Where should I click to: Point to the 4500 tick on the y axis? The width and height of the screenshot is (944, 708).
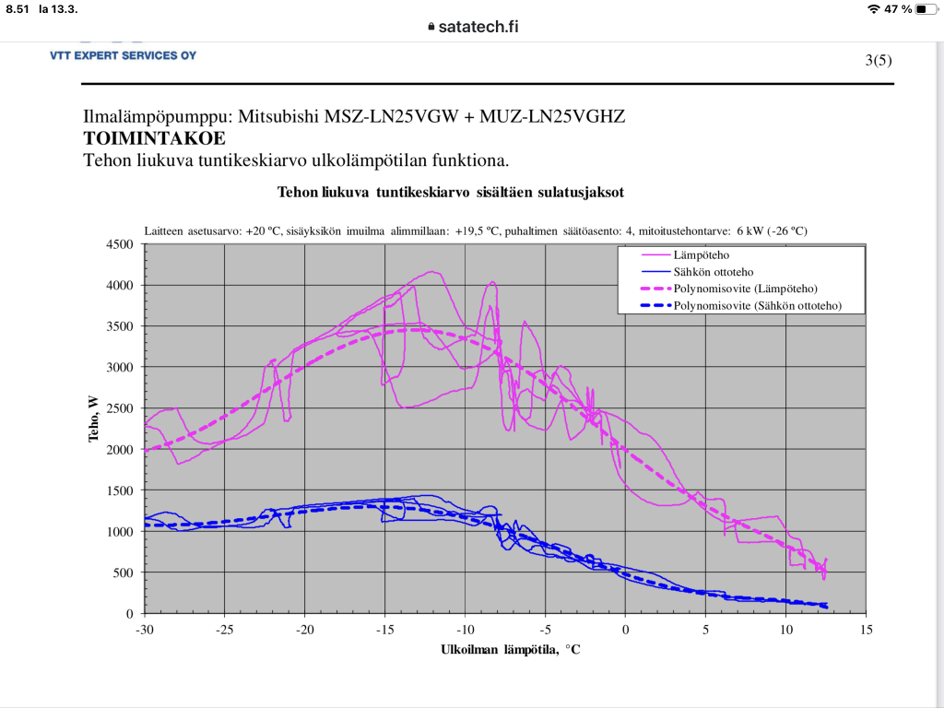click(x=122, y=244)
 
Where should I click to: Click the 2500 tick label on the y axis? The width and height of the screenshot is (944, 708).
click(x=122, y=408)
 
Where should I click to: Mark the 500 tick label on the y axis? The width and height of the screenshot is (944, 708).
click(x=125, y=572)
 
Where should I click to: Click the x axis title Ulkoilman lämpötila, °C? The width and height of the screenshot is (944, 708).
click(x=510, y=649)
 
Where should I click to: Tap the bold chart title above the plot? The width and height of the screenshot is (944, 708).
click(x=451, y=193)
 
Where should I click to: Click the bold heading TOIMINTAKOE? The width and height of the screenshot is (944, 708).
click(x=154, y=138)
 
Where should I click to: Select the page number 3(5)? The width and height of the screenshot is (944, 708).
click(x=879, y=61)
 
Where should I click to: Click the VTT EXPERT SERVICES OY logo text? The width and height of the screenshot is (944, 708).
click(x=123, y=55)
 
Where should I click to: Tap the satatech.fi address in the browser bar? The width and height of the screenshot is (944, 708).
click(x=478, y=26)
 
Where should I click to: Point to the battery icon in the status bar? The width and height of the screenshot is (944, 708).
click(x=926, y=9)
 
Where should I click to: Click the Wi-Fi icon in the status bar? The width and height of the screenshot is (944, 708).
click(x=873, y=9)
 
